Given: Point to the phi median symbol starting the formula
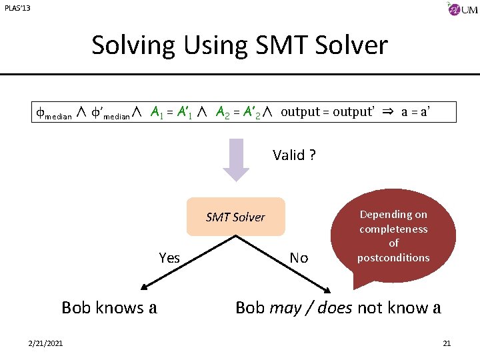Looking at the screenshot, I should click(x=53, y=113).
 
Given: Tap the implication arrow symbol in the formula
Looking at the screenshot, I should click(x=387, y=112).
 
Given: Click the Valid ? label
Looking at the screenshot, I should click(x=294, y=155).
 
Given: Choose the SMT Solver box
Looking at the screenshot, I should click(x=235, y=217).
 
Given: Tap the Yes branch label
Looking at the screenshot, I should click(x=169, y=258).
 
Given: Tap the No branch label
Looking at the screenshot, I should click(x=299, y=258).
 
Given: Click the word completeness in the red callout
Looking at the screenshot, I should click(x=393, y=229).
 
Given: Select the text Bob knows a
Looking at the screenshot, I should click(x=109, y=307).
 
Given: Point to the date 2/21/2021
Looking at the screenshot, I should click(x=46, y=343).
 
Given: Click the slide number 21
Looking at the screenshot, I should click(x=447, y=343).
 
